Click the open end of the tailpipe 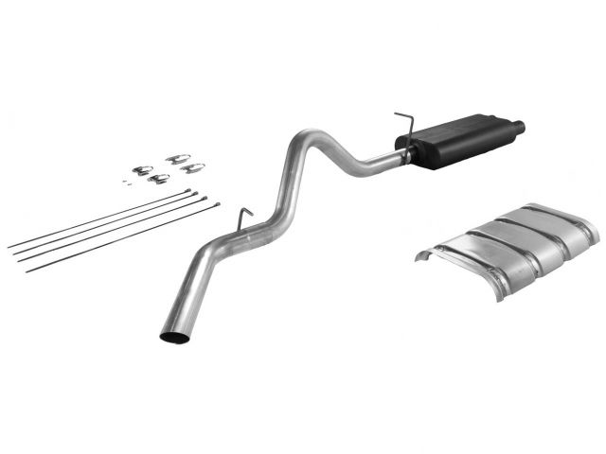174,332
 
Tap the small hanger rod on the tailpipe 244,217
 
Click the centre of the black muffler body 450,143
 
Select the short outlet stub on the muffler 519,126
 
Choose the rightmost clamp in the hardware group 193,168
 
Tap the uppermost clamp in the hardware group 176,159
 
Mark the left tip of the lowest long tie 27,271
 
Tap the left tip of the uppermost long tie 9,248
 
